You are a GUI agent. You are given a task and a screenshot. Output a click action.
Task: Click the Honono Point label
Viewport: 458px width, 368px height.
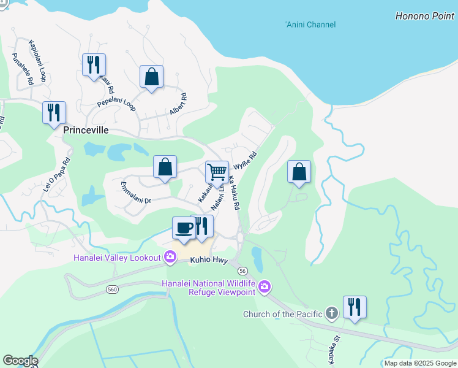tap(424, 16)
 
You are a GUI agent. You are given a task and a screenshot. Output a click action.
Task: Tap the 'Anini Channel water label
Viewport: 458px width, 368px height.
tap(310, 25)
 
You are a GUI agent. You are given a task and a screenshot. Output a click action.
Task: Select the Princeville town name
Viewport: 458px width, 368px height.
tap(86, 131)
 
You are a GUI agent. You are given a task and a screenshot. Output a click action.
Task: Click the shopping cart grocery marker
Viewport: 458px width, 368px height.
tap(217, 172)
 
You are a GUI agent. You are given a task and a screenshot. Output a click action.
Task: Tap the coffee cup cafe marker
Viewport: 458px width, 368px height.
tap(184, 228)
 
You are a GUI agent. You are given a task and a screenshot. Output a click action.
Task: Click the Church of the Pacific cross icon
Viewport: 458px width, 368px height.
tap(332, 314)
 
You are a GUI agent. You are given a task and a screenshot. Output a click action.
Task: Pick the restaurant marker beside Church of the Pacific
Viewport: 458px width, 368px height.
tap(355, 307)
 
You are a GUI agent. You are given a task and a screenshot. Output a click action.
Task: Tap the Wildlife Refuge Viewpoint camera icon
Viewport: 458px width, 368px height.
tap(265, 286)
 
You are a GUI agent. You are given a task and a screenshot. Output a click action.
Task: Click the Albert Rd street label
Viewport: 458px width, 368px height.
tap(178, 104)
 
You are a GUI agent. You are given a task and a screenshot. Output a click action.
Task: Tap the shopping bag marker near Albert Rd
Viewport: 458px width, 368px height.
tap(151, 77)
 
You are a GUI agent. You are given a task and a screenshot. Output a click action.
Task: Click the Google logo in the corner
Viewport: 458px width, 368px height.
tap(20, 361)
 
